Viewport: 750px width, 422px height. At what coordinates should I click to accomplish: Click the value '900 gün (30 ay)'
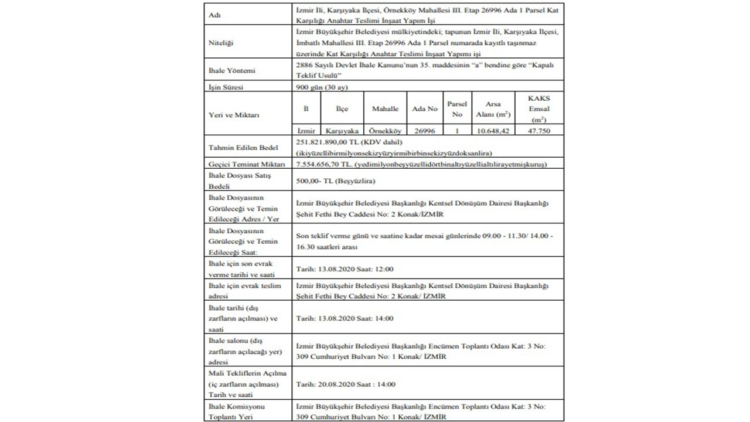(x=322, y=87)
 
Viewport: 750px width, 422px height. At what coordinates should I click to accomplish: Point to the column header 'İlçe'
(x=342, y=109)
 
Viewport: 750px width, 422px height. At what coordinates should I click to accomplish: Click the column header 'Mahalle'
(x=385, y=109)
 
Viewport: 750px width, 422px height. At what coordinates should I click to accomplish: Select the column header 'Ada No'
(x=425, y=109)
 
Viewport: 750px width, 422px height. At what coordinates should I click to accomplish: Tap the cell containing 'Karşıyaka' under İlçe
(x=342, y=131)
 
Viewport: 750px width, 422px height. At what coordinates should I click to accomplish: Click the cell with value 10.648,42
(x=493, y=131)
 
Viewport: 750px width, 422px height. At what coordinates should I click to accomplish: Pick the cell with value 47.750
(x=538, y=131)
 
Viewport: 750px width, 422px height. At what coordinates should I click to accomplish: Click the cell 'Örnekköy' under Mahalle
(x=385, y=131)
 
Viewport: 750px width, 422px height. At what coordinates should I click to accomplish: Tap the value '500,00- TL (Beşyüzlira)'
(x=336, y=181)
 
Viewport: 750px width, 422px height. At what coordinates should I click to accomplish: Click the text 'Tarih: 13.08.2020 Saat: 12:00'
(x=345, y=269)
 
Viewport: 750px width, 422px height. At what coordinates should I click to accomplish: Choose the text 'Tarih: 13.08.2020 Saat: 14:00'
(x=345, y=318)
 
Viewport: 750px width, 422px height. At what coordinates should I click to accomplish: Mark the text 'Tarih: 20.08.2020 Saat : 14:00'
(x=346, y=384)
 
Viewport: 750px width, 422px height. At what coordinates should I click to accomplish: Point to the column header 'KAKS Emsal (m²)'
(x=538, y=109)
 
